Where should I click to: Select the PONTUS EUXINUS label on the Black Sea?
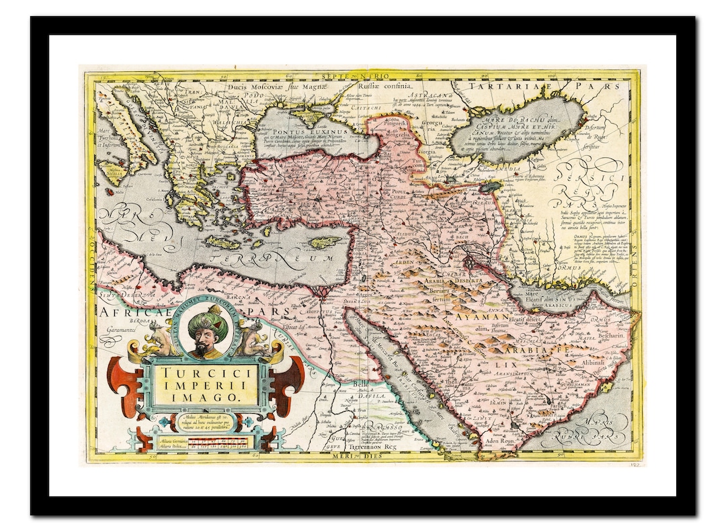click(x=300, y=124)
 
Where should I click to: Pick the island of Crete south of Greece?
click(x=223, y=242)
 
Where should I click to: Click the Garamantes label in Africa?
click(x=118, y=330)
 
